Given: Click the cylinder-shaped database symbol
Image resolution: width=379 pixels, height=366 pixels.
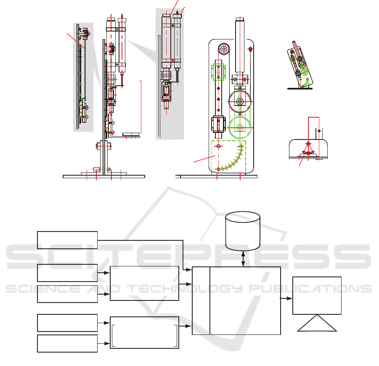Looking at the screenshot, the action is pyautogui.click(x=243, y=231).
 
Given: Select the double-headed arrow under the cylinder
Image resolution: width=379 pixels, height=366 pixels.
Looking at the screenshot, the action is pyautogui.click(x=243, y=259).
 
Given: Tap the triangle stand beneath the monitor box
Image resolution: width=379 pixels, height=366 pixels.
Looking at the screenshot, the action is pyautogui.click(x=317, y=323).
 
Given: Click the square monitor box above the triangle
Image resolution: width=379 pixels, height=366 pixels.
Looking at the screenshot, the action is pyautogui.click(x=317, y=295).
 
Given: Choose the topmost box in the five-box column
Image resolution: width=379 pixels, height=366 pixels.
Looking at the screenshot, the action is pyautogui.click(x=67, y=240).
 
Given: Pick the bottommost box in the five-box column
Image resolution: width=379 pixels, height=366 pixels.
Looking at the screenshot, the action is pyautogui.click(x=67, y=343).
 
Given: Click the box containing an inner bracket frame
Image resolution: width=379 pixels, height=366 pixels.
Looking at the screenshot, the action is pyautogui.click(x=145, y=332).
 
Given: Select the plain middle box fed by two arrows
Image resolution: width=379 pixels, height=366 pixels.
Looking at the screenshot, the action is pyautogui.click(x=145, y=283).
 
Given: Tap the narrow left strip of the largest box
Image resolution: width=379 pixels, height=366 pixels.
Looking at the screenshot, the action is pyautogui.click(x=201, y=300).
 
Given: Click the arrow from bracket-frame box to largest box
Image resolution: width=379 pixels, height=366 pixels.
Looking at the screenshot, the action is pyautogui.click(x=186, y=326).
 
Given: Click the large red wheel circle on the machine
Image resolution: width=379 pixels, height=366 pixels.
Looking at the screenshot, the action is pyautogui.click(x=240, y=102).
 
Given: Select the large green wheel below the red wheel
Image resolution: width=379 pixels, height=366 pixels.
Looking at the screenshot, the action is pyautogui.click(x=240, y=127).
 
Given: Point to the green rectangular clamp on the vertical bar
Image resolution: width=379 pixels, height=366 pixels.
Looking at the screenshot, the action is pyautogui.click(x=218, y=72).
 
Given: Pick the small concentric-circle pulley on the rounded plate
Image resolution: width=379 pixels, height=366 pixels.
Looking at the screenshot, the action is pyautogui.click(x=224, y=49).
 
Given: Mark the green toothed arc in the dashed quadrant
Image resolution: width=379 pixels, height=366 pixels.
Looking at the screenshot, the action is pyautogui.click(x=232, y=159).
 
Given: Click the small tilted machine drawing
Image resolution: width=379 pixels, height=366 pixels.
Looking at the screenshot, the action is pyautogui.click(x=300, y=65).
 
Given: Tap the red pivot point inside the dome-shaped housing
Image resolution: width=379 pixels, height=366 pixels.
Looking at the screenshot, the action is pyautogui.click(x=308, y=144).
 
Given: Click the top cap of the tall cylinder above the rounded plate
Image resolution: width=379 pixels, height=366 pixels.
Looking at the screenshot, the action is pyautogui.click(x=240, y=19).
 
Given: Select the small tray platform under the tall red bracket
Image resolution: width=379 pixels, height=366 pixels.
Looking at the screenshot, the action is pyautogui.click(x=132, y=134).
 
